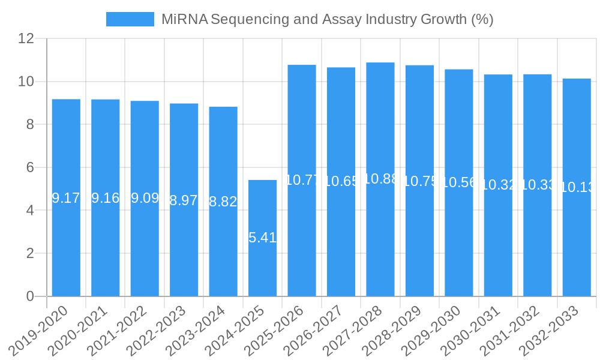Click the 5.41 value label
coord(262,238)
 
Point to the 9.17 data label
coord(66,198)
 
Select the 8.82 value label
coord(223,202)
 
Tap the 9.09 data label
coord(145,198)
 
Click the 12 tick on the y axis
coord(26,38)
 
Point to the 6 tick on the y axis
coord(30,167)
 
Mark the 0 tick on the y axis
coord(30,296)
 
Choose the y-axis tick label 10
coord(26,82)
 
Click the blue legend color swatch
coord(130,19)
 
